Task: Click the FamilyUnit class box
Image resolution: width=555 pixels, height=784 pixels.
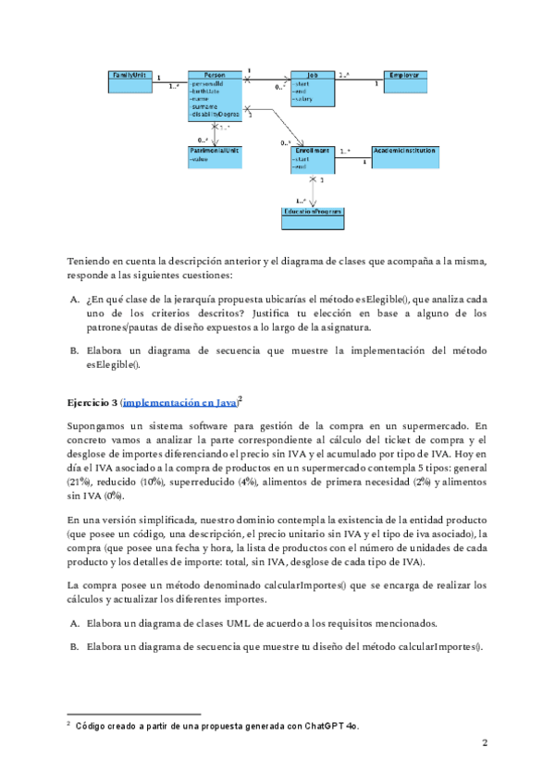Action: coord(129,80)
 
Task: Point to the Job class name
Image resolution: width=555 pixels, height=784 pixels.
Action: coord(313,74)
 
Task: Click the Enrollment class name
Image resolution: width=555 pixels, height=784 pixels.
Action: coord(313,149)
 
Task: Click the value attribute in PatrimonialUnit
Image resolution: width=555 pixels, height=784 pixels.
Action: coord(200,159)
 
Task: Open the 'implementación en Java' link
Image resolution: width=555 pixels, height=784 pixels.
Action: coord(179,403)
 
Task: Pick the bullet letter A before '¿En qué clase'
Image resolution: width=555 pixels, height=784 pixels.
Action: coord(74,300)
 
